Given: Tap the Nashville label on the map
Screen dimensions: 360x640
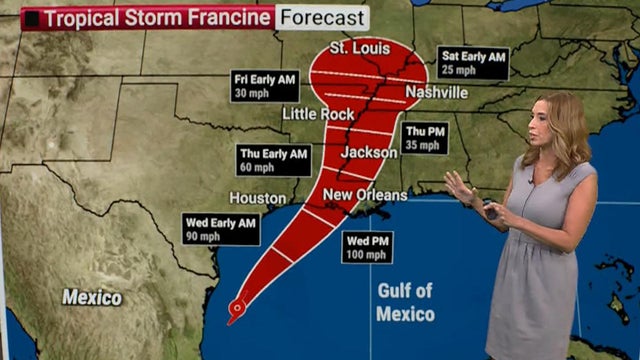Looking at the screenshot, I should [436, 93].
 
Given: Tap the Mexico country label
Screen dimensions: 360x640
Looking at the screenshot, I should [92, 297].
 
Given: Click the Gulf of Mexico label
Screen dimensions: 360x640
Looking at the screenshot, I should [405, 302].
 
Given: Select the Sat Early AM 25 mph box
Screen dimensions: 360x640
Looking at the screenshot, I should [473, 63].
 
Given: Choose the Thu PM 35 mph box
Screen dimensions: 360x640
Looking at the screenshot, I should [424, 139].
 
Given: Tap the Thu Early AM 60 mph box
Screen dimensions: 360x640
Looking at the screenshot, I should [271, 160].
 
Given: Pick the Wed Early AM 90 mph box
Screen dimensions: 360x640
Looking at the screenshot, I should [221, 229].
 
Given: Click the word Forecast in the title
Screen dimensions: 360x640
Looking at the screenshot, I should [323, 17].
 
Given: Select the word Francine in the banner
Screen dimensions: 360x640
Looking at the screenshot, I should [227, 17].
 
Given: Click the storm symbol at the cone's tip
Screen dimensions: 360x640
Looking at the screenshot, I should [236, 308].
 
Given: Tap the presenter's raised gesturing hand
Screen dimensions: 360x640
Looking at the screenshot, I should [459, 186].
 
